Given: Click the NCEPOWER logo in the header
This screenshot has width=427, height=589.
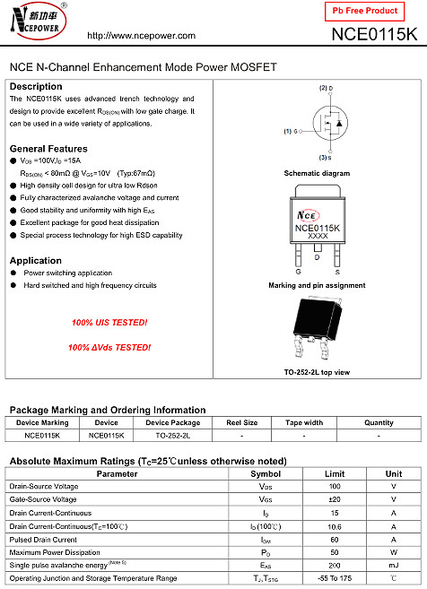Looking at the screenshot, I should coord(36,22).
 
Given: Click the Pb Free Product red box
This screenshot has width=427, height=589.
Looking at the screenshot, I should coord(364,11).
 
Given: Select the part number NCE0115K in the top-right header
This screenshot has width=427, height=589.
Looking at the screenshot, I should coord(374,35).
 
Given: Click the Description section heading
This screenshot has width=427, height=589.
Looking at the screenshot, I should coord(36,86).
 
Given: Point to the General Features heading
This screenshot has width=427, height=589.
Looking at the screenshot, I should coord(48,149).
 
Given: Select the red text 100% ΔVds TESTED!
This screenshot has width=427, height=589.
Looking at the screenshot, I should coord(109,347).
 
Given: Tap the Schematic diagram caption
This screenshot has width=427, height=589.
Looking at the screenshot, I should coord(317,173).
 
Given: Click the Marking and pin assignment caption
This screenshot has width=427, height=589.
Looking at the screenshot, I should coord(317,285).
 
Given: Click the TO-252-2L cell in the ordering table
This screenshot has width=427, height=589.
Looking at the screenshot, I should coord(172,435).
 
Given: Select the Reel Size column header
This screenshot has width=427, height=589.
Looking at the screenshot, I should coord(241,422).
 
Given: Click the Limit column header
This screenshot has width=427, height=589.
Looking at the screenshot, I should coord(335,473).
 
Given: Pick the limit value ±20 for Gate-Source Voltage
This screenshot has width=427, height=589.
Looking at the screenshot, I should coord(335,499).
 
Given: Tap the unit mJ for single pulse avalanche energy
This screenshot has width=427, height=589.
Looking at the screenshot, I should coord(393,566).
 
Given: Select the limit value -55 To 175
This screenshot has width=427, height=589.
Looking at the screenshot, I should coord(335,579).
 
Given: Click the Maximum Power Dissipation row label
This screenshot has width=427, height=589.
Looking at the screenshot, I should coord(56,552).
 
